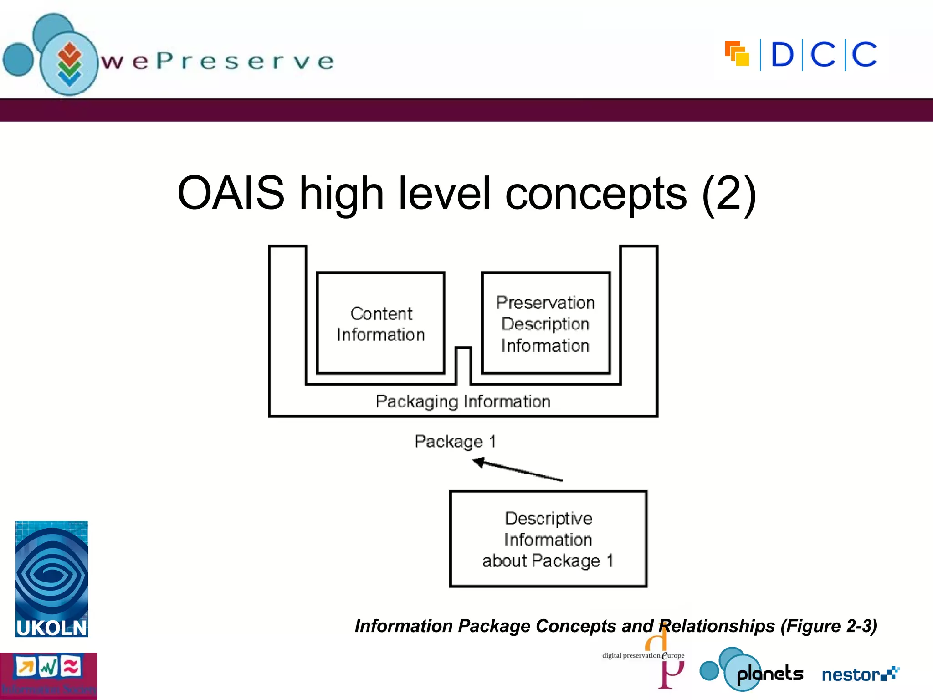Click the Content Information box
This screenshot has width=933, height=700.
[x=380, y=323]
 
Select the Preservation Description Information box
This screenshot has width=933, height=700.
[x=545, y=323]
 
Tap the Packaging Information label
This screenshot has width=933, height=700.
[x=463, y=401]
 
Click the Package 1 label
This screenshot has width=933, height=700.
[x=455, y=441]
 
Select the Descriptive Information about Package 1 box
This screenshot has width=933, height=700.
[x=548, y=539]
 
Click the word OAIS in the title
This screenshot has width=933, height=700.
[x=231, y=193]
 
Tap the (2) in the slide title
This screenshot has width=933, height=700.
[x=728, y=193]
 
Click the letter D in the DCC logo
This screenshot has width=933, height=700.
[x=782, y=55]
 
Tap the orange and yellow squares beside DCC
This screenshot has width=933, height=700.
[x=737, y=54]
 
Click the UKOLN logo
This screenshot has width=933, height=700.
[x=51, y=579]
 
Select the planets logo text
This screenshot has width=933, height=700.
[x=770, y=674]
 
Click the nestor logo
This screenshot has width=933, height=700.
[x=860, y=674]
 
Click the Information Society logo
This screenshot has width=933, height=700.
[x=48, y=676]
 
